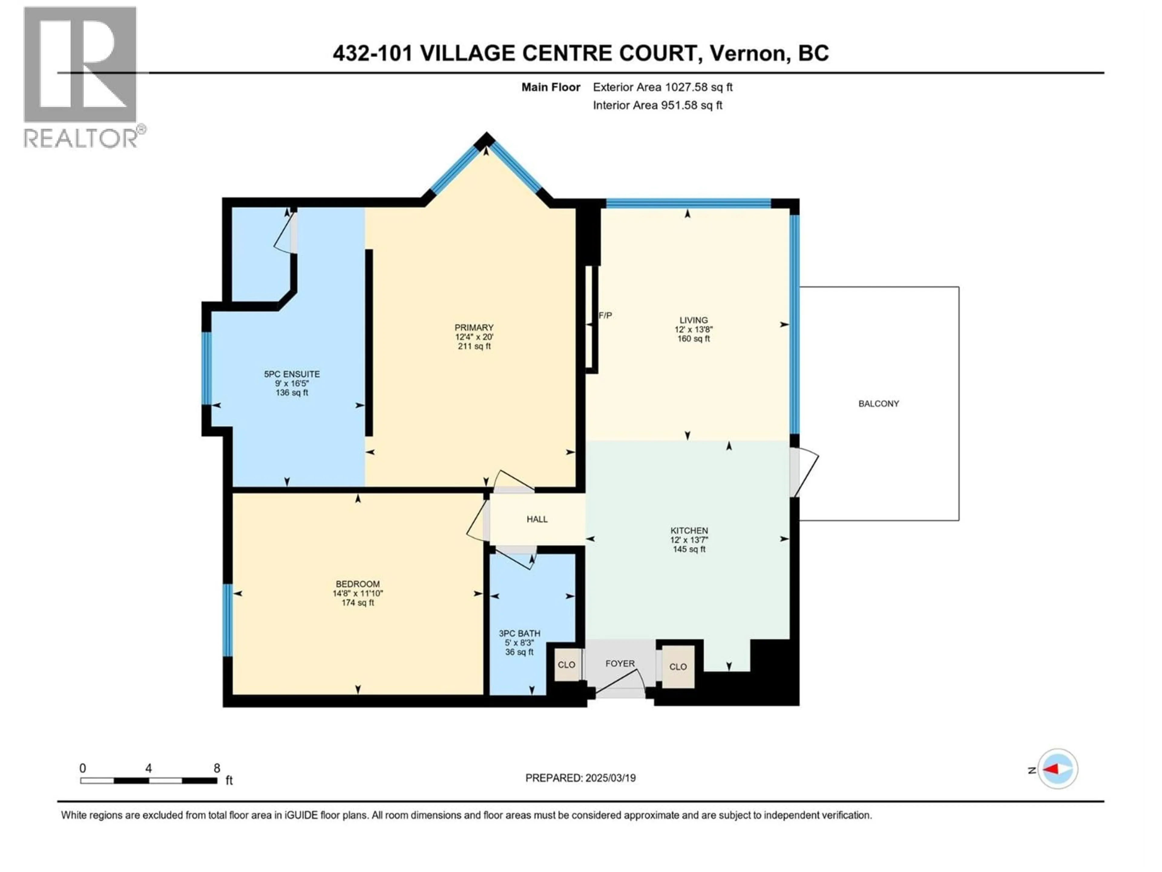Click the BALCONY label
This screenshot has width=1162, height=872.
878,404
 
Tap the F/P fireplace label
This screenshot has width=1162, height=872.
605,315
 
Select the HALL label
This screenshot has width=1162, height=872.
537,519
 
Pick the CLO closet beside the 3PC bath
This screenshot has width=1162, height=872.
566,665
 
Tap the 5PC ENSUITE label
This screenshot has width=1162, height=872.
291,374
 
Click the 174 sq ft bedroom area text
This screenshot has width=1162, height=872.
358,603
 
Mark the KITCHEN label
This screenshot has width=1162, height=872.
689,531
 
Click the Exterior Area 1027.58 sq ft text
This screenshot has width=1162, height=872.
662,87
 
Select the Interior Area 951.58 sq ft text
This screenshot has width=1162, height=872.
657,105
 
